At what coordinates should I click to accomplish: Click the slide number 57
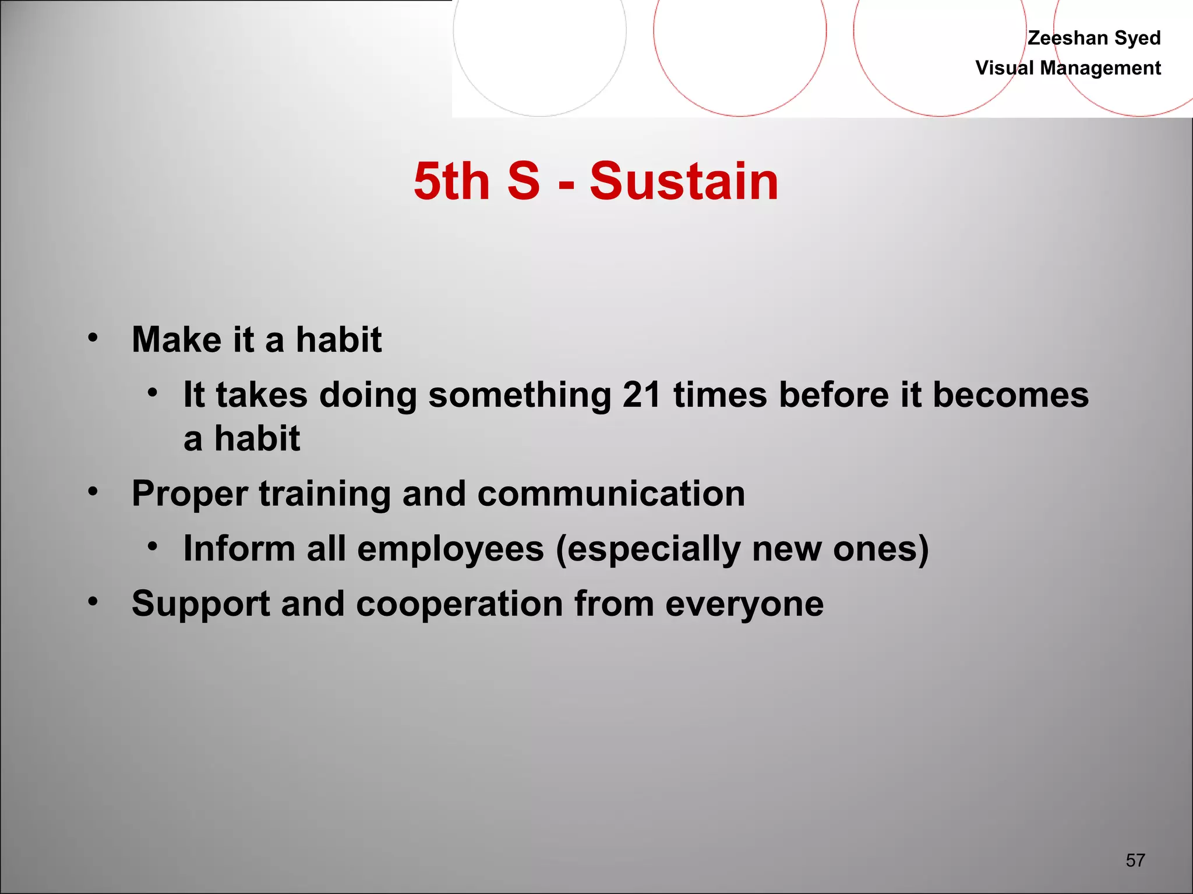tap(1135, 860)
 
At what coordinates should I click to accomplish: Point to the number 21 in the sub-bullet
tap(641, 395)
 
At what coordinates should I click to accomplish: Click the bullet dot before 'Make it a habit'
tap(93, 337)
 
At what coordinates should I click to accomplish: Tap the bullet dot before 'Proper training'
tap(93, 491)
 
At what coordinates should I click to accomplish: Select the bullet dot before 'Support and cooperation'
tap(93, 601)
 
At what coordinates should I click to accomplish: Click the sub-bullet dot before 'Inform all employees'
tap(153, 546)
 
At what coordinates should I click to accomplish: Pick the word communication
tap(611, 494)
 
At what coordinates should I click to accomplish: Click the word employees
tap(450, 549)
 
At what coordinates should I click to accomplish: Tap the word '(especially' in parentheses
tap(648, 549)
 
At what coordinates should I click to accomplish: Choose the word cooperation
tap(459, 604)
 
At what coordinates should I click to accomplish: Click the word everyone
tap(744, 604)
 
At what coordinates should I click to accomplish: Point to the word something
tap(519, 395)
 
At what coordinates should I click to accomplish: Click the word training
tap(324, 494)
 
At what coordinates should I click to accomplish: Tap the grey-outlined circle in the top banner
tap(539, 35)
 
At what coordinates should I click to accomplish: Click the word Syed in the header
tap(1137, 38)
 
